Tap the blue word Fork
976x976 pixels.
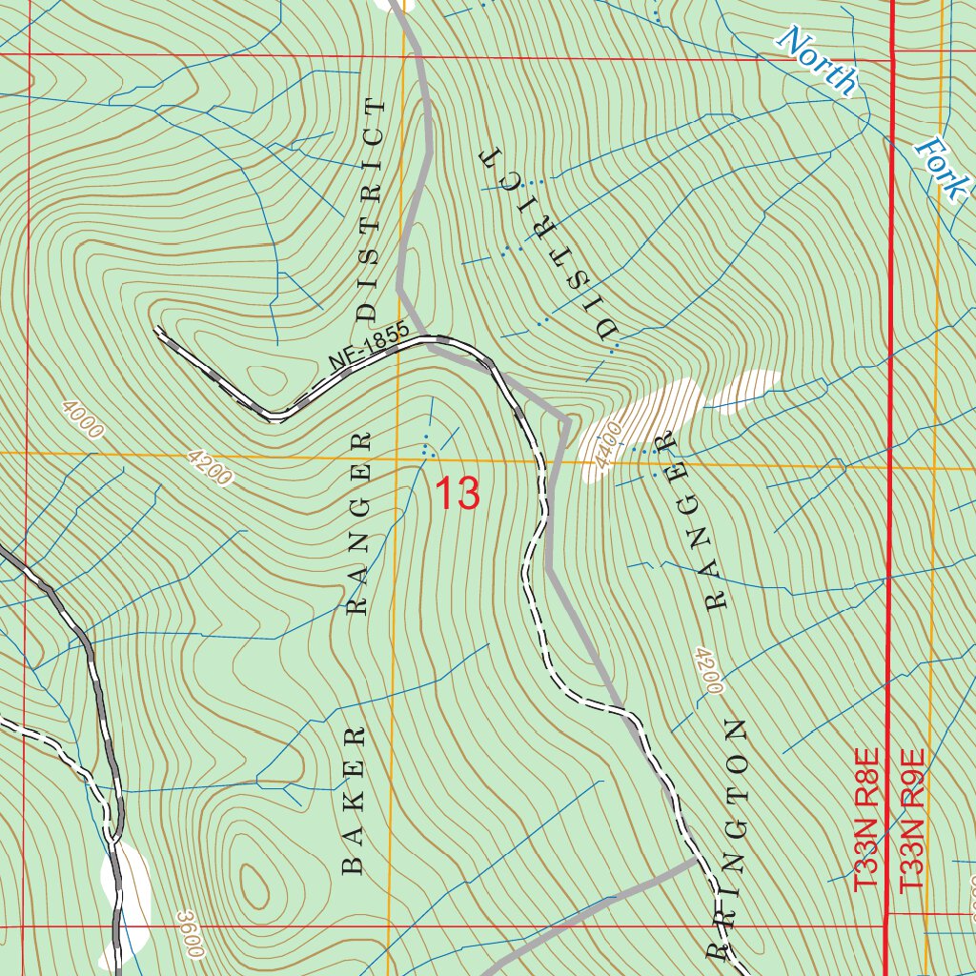[940, 168]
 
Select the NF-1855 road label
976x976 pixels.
[369, 348]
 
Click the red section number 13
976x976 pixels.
[457, 494]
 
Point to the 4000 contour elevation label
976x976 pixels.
[81, 419]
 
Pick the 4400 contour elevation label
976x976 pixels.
[608, 447]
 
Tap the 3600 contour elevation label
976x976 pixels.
[191, 933]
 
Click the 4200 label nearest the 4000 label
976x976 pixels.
[210, 467]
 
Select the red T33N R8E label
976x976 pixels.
[865, 820]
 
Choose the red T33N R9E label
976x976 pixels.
[912, 820]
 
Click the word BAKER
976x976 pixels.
[354, 801]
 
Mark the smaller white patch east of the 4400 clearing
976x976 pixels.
[749, 392]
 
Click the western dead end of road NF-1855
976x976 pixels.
[157, 329]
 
